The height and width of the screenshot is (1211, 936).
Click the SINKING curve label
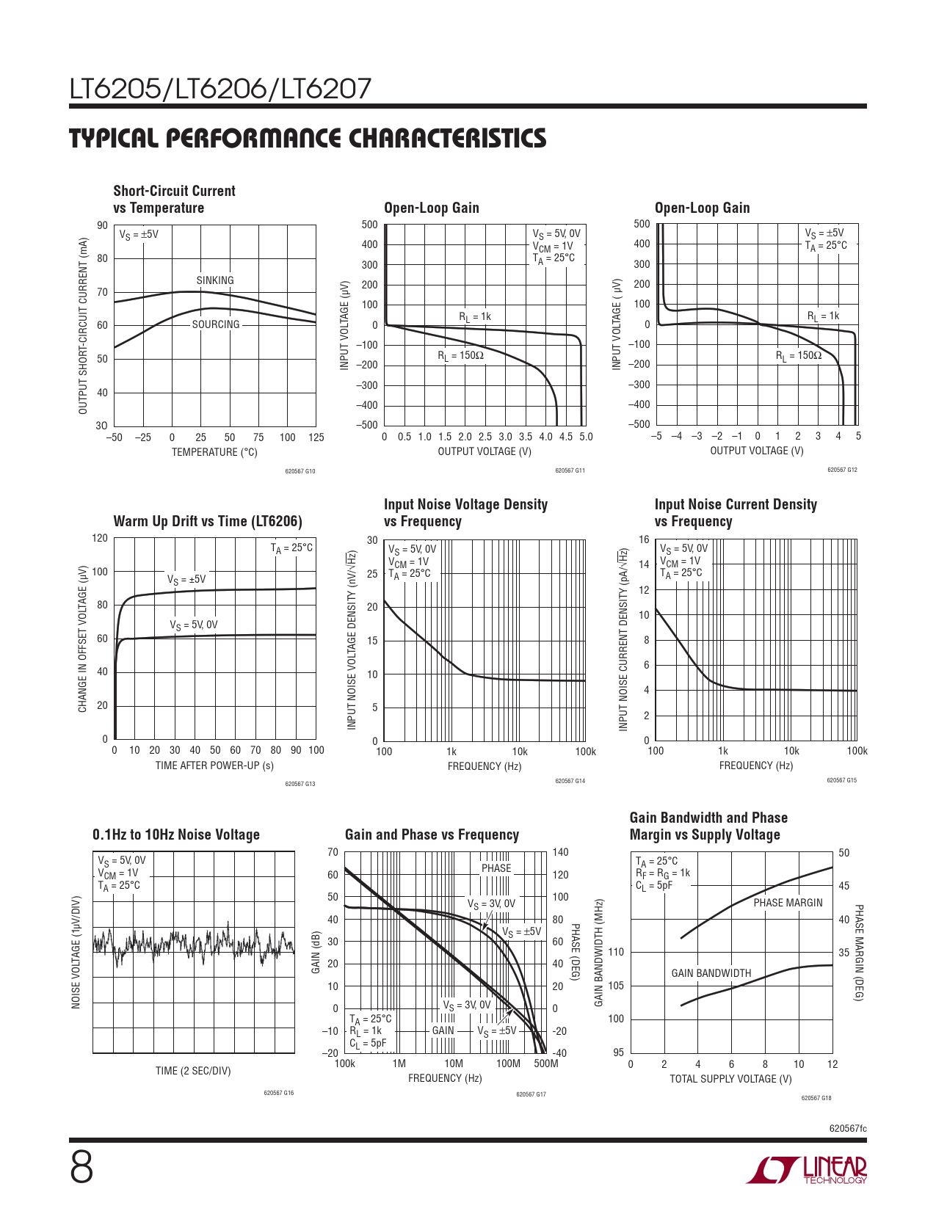coord(215,280)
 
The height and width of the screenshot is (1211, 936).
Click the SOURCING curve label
coord(216,324)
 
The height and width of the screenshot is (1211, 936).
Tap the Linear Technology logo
coord(807,1170)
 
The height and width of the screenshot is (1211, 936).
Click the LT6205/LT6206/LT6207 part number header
coord(220,90)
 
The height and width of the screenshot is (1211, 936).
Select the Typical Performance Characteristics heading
coord(308,138)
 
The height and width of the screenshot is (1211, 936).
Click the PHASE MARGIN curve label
coord(788,903)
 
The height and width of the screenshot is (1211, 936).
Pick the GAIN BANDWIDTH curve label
coord(711,973)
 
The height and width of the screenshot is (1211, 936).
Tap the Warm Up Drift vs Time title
coord(208,521)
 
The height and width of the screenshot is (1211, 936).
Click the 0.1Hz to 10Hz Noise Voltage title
coord(176,834)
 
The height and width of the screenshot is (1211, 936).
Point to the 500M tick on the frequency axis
coord(546,1063)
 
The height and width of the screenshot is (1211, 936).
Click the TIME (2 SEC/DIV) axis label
coord(193,1071)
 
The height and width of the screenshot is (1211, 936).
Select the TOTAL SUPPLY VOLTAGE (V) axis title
coord(730,1079)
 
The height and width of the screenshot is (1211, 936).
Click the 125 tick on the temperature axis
coord(316,437)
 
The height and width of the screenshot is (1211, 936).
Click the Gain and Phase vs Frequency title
coord(432,834)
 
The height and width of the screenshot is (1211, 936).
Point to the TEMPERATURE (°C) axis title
coord(214,452)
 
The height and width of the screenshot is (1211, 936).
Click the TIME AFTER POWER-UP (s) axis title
coord(214,765)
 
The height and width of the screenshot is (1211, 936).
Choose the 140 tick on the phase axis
coord(560,852)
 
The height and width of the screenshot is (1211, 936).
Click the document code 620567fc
coord(848,1128)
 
